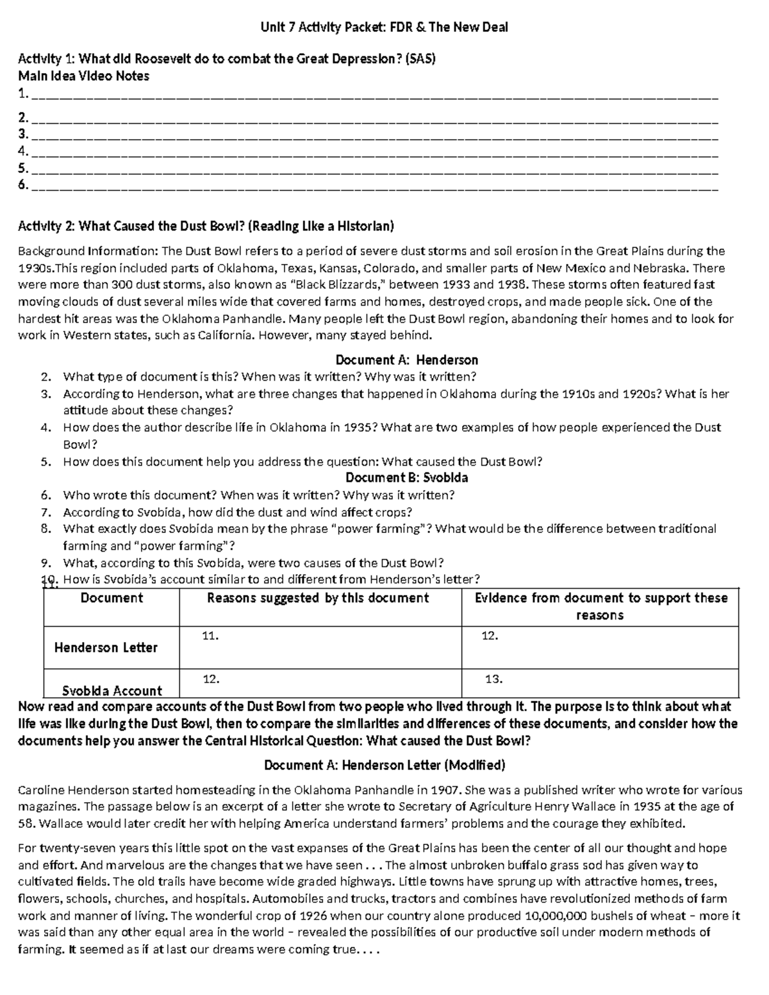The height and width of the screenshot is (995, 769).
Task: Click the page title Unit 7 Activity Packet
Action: (x=384, y=27)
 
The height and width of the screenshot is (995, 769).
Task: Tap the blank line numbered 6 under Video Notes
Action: (x=374, y=186)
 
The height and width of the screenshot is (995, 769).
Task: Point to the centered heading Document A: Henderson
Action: (x=407, y=360)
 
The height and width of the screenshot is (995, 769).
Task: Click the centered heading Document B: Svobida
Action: (x=407, y=478)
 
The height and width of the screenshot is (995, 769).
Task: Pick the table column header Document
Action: (x=112, y=598)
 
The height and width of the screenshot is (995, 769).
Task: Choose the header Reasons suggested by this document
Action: (x=318, y=598)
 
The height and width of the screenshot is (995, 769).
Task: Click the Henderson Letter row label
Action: (x=106, y=648)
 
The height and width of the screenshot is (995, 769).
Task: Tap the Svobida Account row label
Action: (x=112, y=691)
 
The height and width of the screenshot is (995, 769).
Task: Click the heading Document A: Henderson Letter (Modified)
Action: (x=384, y=766)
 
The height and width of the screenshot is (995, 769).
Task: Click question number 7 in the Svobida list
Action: (x=45, y=513)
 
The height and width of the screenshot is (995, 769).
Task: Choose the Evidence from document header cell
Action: (x=600, y=606)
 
